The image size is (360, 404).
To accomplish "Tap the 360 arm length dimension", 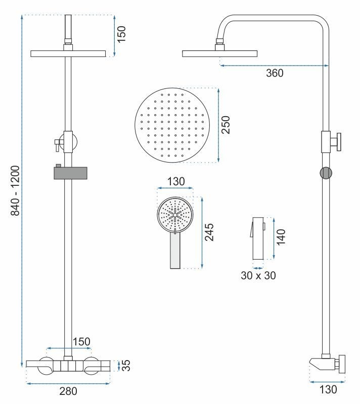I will (275, 73).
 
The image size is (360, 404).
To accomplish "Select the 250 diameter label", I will (226, 125).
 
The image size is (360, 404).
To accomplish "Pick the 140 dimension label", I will (282, 237).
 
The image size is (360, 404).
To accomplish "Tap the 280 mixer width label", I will (69, 391).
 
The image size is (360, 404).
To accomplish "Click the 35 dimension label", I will (126, 365).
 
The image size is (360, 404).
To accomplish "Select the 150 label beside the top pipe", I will (122, 34).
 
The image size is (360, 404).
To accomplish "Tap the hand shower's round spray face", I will (175, 214).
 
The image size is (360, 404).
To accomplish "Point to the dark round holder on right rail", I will (327, 172).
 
